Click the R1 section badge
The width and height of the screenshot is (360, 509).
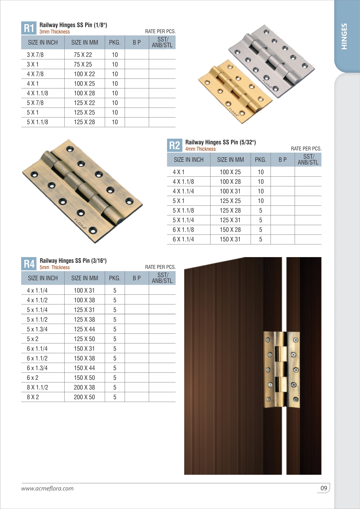(x=29, y=28)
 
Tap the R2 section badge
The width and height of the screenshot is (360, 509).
(x=175, y=145)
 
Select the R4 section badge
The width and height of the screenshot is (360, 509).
(x=29, y=264)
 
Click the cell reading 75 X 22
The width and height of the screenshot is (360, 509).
(x=83, y=55)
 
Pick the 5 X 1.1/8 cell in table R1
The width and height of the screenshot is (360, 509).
(x=37, y=122)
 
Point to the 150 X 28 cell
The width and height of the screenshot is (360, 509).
(x=230, y=230)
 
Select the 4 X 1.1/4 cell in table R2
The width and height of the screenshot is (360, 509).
(x=183, y=191)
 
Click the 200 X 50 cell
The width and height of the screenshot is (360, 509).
(x=84, y=397)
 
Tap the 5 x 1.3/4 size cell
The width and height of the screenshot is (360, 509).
(x=37, y=329)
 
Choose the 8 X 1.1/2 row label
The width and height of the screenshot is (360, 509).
(x=37, y=387)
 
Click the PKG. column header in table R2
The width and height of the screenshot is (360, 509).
(x=260, y=160)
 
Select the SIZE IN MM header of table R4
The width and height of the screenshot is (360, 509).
(x=85, y=278)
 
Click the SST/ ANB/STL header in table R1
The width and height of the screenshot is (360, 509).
(x=162, y=42)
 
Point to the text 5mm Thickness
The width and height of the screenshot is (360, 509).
(x=55, y=268)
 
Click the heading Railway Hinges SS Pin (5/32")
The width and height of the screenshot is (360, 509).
(x=220, y=142)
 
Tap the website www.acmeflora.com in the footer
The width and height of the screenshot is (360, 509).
(x=47, y=488)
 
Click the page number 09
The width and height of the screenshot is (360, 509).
(x=324, y=488)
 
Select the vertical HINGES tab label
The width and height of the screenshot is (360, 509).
(x=344, y=36)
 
